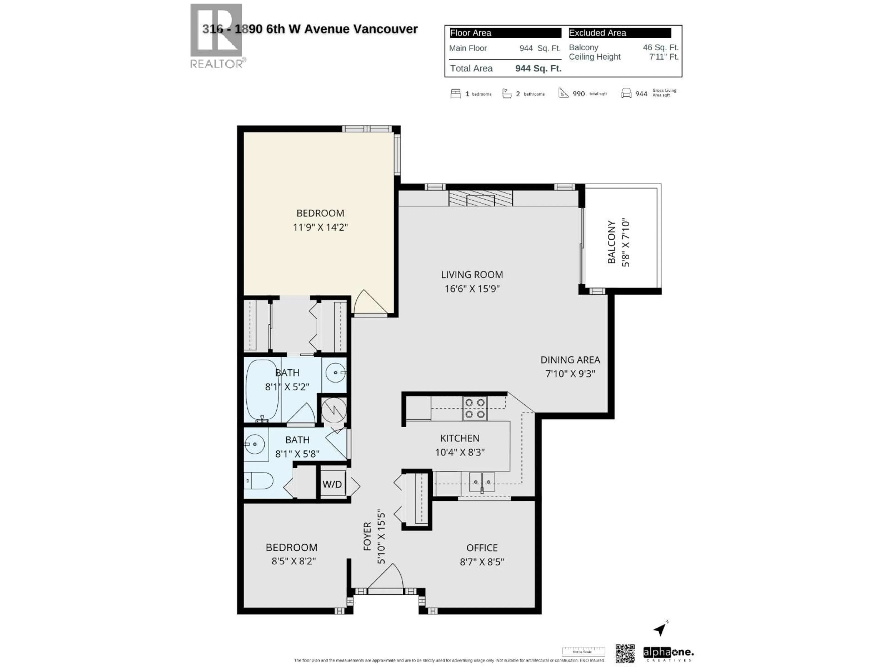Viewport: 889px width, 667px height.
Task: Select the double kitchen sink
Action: point(482,482)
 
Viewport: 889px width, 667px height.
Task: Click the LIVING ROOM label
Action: point(472,275)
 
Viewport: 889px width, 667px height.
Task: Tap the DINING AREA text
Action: point(570,360)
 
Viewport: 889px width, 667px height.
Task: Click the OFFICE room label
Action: point(482,547)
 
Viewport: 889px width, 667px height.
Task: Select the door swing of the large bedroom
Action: point(369,302)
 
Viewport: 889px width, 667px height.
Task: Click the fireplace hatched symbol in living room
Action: point(481,198)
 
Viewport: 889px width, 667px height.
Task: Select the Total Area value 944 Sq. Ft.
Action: point(538,68)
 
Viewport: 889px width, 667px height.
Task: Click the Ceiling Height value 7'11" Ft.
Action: point(664,57)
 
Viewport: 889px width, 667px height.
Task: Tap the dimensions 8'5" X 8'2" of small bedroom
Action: point(293,561)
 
